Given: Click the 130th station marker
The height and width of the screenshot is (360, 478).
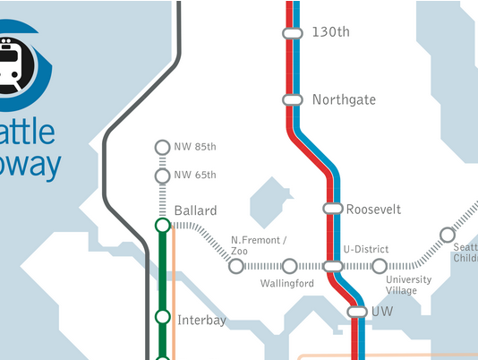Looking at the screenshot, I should tap(292, 33).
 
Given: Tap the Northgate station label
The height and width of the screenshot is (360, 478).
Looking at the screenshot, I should tap(344, 99).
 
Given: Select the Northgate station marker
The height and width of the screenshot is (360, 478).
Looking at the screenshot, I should tap(292, 99).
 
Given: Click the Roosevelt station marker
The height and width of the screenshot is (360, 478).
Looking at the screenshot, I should tap(332, 209).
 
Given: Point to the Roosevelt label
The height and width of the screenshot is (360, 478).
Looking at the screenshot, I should tap(373, 209).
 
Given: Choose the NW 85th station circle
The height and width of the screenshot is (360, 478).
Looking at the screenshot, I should tap(162, 147).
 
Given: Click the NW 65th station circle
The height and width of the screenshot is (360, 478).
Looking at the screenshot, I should tap(162, 175).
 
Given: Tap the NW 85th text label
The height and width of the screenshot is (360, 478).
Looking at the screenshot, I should tap(195, 147).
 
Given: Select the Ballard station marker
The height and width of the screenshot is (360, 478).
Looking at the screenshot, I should tap(162, 226).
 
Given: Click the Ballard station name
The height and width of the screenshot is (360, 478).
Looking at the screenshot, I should tap(195, 210).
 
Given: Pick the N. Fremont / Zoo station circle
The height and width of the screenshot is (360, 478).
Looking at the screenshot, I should tap(235, 266).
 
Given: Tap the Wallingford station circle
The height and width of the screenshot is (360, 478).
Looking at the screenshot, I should tap(289, 266).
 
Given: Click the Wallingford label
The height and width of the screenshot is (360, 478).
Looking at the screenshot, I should tap(286, 284).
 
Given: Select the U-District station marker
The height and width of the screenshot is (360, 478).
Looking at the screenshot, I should tap(332, 266).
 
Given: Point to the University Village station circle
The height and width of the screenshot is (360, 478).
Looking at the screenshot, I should tap(380, 266).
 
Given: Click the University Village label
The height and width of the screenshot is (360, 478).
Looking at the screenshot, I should tap(408, 285).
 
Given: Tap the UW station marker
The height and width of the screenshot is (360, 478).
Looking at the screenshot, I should tap(357, 312).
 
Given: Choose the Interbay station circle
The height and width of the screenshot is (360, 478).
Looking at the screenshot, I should tap(162, 317).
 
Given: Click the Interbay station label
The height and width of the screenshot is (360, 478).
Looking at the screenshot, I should tap(201, 320).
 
